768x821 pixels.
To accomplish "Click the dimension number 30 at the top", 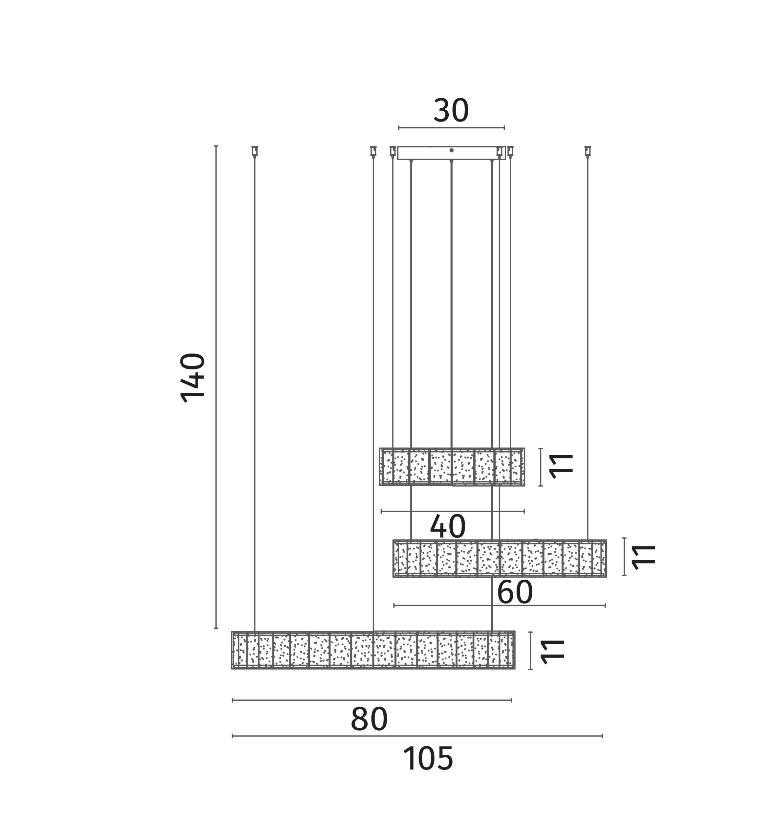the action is (x=451, y=110).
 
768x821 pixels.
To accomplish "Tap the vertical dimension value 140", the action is (x=193, y=377).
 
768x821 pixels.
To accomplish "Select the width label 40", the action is (x=448, y=526).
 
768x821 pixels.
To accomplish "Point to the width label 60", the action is (x=515, y=592).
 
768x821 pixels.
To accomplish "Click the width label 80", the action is (x=369, y=719).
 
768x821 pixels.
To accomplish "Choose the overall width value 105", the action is (x=428, y=758).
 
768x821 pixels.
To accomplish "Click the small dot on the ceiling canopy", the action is (x=452, y=150).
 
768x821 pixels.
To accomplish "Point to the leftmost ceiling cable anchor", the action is (x=255, y=152).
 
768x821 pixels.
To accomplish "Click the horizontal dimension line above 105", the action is (x=417, y=736).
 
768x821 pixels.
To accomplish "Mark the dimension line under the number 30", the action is (x=451, y=128).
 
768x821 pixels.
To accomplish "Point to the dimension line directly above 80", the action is (x=372, y=700).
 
